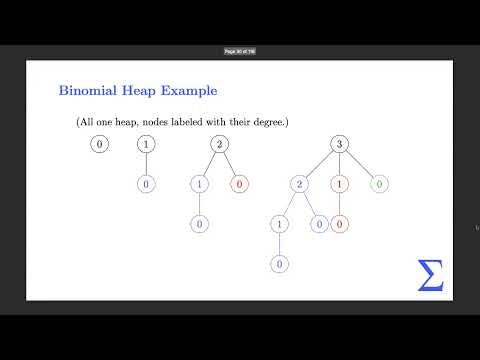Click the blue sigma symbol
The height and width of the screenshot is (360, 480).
point(430,274)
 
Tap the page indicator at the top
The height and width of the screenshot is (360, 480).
point(240,51)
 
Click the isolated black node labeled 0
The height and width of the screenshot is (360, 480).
point(98,145)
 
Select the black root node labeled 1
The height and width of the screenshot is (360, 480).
point(147,145)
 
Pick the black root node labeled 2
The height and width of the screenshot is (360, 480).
point(219,145)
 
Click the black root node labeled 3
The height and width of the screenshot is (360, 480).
point(340,145)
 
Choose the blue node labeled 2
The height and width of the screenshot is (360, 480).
point(299,184)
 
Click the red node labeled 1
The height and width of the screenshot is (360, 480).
point(340,184)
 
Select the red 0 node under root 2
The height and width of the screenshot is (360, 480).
point(238,184)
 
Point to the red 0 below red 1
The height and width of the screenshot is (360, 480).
point(340,224)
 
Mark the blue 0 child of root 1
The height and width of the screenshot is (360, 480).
point(147,184)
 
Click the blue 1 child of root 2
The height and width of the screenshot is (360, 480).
point(200,184)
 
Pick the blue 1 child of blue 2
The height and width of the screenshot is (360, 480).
point(278,224)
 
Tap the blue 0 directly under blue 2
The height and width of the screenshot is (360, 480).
point(318,224)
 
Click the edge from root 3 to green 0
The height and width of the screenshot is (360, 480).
point(359,165)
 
